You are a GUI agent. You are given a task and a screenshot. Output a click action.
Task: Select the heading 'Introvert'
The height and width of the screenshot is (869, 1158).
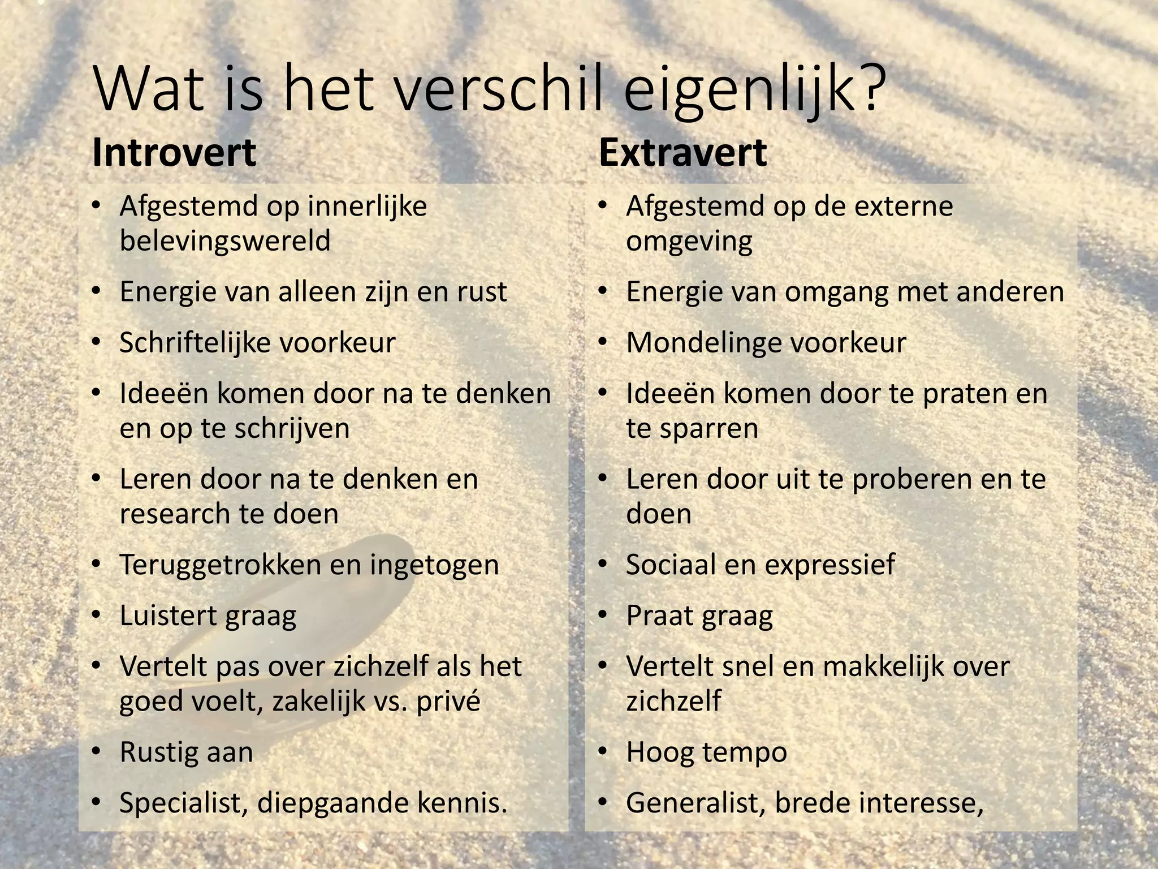[174, 153]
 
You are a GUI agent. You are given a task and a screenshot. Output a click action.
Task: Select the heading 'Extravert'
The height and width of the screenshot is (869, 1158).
[682, 153]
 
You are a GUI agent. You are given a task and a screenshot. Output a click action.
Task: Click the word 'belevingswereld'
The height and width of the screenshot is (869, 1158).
[225, 241]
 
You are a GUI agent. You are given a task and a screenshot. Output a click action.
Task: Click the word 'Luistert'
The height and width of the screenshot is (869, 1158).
[168, 616]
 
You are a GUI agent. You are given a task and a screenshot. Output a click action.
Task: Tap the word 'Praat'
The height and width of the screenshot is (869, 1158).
[658, 616]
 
